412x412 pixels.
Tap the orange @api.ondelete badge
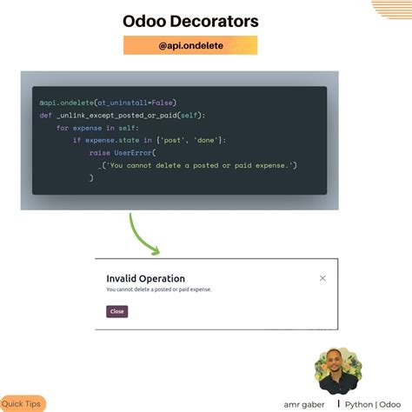coord(189,46)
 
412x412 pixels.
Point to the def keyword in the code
coord(45,115)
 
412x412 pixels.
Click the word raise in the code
coord(99,152)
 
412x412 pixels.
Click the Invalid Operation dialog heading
coord(145,279)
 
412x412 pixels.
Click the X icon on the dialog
coord(322,278)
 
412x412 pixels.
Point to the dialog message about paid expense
coord(158,289)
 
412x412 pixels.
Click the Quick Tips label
coord(21,403)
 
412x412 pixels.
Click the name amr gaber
coord(304,404)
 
